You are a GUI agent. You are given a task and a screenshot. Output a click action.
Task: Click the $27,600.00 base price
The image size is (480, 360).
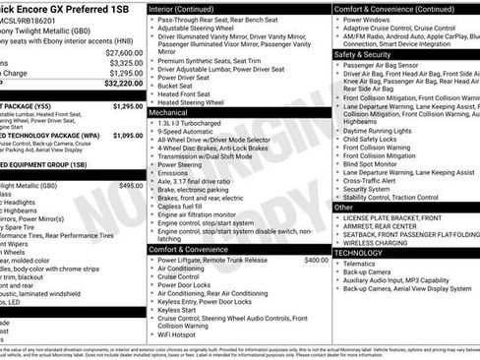point(123,52)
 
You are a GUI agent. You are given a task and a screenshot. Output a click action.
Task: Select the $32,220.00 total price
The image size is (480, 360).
point(121,85)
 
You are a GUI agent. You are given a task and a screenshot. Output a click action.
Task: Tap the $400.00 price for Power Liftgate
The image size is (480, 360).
point(317,260)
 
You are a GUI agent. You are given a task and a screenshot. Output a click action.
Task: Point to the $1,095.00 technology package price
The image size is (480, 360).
point(127,136)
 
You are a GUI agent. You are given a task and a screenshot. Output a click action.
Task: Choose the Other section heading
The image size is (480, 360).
point(343,208)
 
